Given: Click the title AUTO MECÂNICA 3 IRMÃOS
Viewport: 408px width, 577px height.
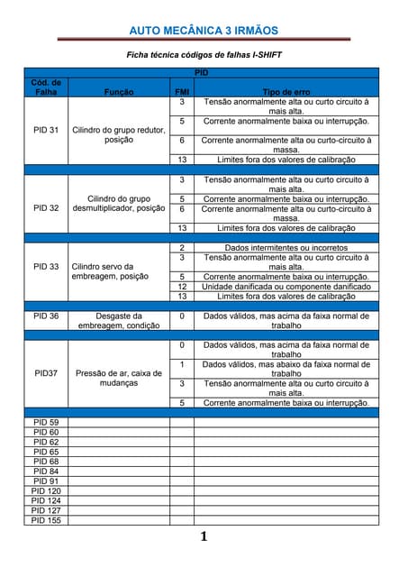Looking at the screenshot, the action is point(204,31).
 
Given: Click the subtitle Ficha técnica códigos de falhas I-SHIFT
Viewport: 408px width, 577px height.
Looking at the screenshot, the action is point(204,55).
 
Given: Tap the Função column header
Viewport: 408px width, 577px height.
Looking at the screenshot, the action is point(119,92).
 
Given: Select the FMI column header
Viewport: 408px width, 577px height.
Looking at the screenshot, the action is point(181,92).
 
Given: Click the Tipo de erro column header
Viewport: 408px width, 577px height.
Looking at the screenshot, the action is point(286,92).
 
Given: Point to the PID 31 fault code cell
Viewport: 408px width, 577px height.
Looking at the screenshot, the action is point(46,130).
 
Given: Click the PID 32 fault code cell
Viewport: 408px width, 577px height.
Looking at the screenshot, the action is point(46,207).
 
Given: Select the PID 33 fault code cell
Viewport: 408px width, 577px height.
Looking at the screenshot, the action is point(46,267).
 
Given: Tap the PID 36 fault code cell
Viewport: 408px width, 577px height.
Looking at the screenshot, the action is point(46,316).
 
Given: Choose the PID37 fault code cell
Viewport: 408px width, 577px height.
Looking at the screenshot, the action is point(46,372).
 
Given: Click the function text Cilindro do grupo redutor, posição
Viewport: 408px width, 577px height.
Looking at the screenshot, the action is point(119,135).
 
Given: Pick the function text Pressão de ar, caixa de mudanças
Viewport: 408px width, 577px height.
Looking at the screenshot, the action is point(119,378).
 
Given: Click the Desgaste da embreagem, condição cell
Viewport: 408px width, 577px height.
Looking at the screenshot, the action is point(119,321).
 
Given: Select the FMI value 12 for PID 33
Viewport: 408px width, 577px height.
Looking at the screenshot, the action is point(181,286).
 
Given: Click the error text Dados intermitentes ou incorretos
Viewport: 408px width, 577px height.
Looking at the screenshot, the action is point(286,247).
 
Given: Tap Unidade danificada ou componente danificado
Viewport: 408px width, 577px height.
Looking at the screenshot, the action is point(286,286).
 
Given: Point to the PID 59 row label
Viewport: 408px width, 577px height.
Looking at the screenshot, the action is point(46,422).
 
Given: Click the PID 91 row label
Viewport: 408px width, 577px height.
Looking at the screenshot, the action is point(46,481).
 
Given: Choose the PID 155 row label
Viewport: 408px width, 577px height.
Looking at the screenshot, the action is point(46,519).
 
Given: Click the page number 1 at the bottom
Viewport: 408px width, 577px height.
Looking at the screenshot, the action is point(204,537).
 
